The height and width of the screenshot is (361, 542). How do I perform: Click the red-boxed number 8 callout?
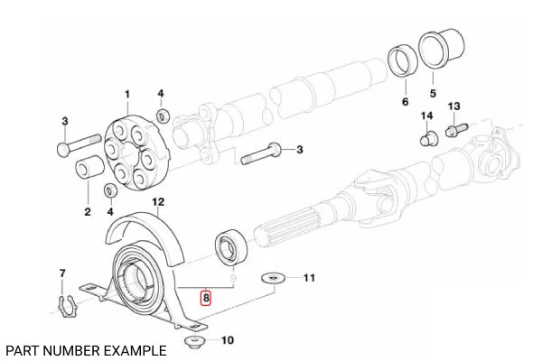click(206, 295)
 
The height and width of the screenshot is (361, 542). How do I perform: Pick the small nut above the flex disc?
click(163, 116)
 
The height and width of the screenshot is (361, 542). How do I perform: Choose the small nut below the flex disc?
click(111, 190)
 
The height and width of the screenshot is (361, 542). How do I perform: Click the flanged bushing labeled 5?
click(442, 49)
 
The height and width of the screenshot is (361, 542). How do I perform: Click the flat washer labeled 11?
click(271, 279)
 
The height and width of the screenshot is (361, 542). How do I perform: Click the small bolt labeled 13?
click(453, 129)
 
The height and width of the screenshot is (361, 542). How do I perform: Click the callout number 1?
click(127, 95)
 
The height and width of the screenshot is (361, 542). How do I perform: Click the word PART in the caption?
click(21, 349)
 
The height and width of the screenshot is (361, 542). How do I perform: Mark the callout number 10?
click(227, 341)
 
